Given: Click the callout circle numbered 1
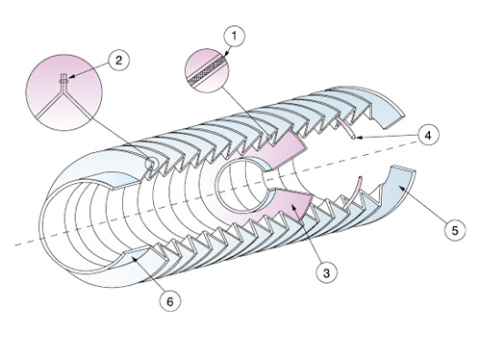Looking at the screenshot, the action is click(235, 36).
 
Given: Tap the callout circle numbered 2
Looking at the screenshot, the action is click(118, 60).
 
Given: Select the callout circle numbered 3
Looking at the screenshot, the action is click(326, 273).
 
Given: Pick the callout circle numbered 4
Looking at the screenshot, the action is click(428, 135).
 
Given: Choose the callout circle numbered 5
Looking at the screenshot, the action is click(455, 230).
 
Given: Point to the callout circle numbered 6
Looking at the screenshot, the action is click(170, 301).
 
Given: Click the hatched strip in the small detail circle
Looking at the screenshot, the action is click(207, 71).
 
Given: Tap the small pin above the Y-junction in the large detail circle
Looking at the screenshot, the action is click(63, 80).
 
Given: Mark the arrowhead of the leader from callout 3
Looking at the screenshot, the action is click(292, 207).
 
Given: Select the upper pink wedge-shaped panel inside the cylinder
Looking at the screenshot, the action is click(282, 148).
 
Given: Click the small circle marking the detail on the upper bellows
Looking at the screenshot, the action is click(151, 164).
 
